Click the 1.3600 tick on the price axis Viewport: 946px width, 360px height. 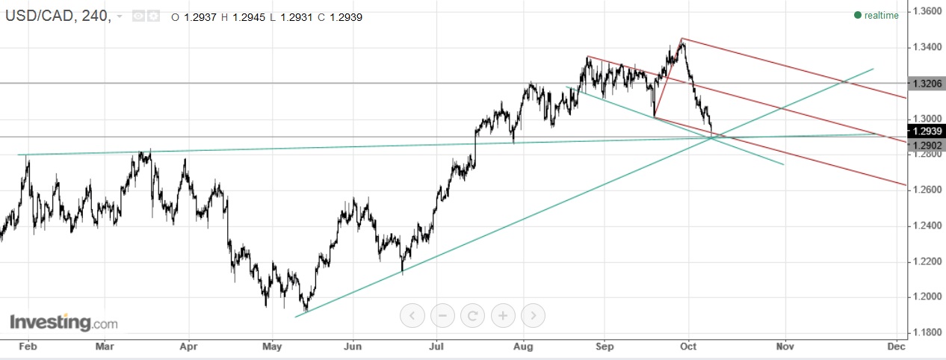coord(927,12)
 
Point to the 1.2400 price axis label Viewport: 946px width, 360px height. coord(927,226)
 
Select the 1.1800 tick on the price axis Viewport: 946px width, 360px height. coord(927,332)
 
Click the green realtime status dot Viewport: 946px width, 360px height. coord(858,16)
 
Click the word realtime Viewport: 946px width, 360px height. coord(882,16)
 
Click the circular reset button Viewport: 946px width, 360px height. coord(472,316)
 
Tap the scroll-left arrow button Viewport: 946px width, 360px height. coord(412,316)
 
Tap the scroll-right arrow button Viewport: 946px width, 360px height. coord(533,316)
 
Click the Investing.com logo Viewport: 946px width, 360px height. coord(64,323)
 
